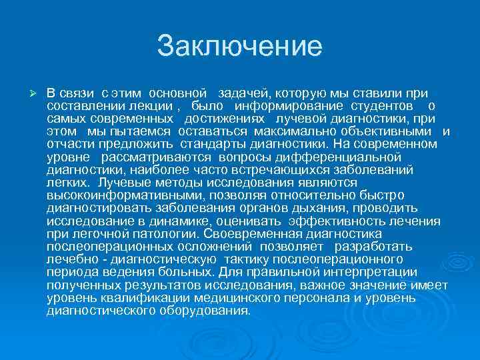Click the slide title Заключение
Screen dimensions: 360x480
tap(239, 47)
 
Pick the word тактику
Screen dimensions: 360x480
tap(249, 259)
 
